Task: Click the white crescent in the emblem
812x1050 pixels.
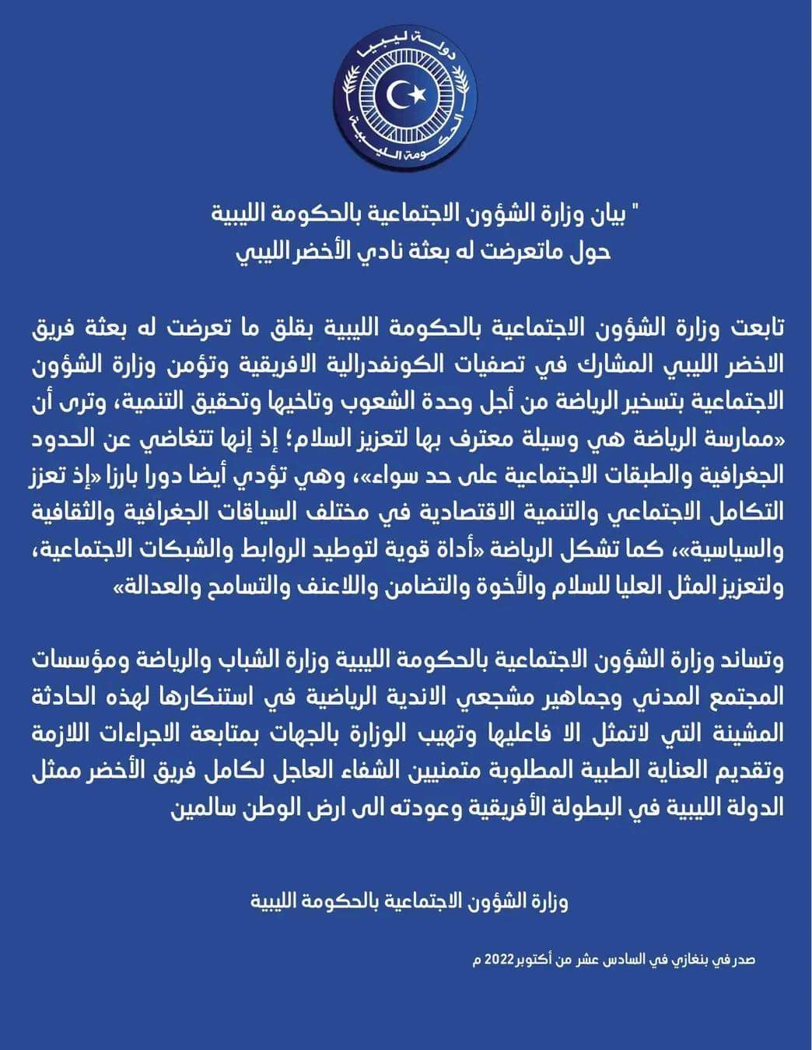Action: (400, 95)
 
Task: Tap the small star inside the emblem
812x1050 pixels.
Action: (418, 94)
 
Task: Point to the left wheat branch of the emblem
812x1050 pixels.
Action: (352, 97)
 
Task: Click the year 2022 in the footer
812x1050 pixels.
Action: (500, 960)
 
